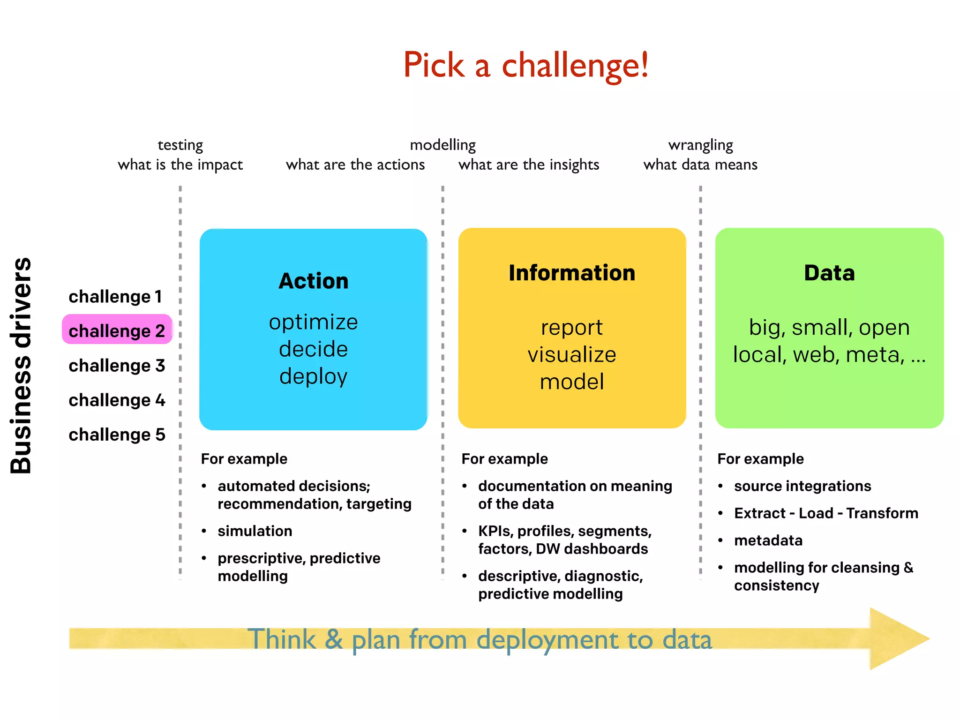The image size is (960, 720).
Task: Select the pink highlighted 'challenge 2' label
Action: point(117,330)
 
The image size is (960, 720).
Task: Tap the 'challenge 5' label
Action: point(117,434)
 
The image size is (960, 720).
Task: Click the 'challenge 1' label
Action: point(115,296)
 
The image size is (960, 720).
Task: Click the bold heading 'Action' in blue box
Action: point(313,281)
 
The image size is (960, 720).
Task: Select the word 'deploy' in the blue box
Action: point(313,376)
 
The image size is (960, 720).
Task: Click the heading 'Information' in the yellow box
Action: point(572,273)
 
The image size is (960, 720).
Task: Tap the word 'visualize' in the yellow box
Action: point(572,354)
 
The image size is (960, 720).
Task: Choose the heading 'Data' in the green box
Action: point(829,273)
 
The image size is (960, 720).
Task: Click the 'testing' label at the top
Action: point(180,145)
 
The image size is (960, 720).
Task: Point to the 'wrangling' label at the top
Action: point(700,145)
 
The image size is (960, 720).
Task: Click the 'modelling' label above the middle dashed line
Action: point(442,145)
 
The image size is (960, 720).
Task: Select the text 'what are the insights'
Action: point(529,165)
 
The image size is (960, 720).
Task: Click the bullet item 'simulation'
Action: point(255,531)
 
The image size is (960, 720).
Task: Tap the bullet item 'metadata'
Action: point(768,540)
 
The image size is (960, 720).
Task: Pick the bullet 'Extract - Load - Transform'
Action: point(826,513)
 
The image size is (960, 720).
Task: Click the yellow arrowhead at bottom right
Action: point(895,638)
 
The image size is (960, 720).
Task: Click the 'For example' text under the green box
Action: point(760,458)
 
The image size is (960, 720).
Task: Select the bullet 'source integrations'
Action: point(802,486)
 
